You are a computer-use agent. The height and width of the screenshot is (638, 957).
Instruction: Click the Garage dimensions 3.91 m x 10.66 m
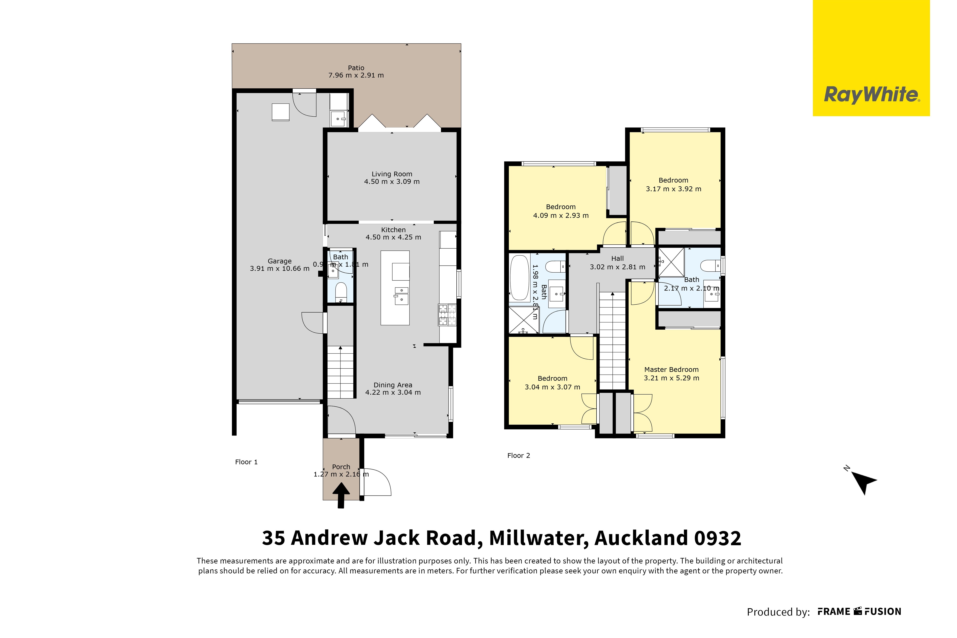click(x=280, y=269)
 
